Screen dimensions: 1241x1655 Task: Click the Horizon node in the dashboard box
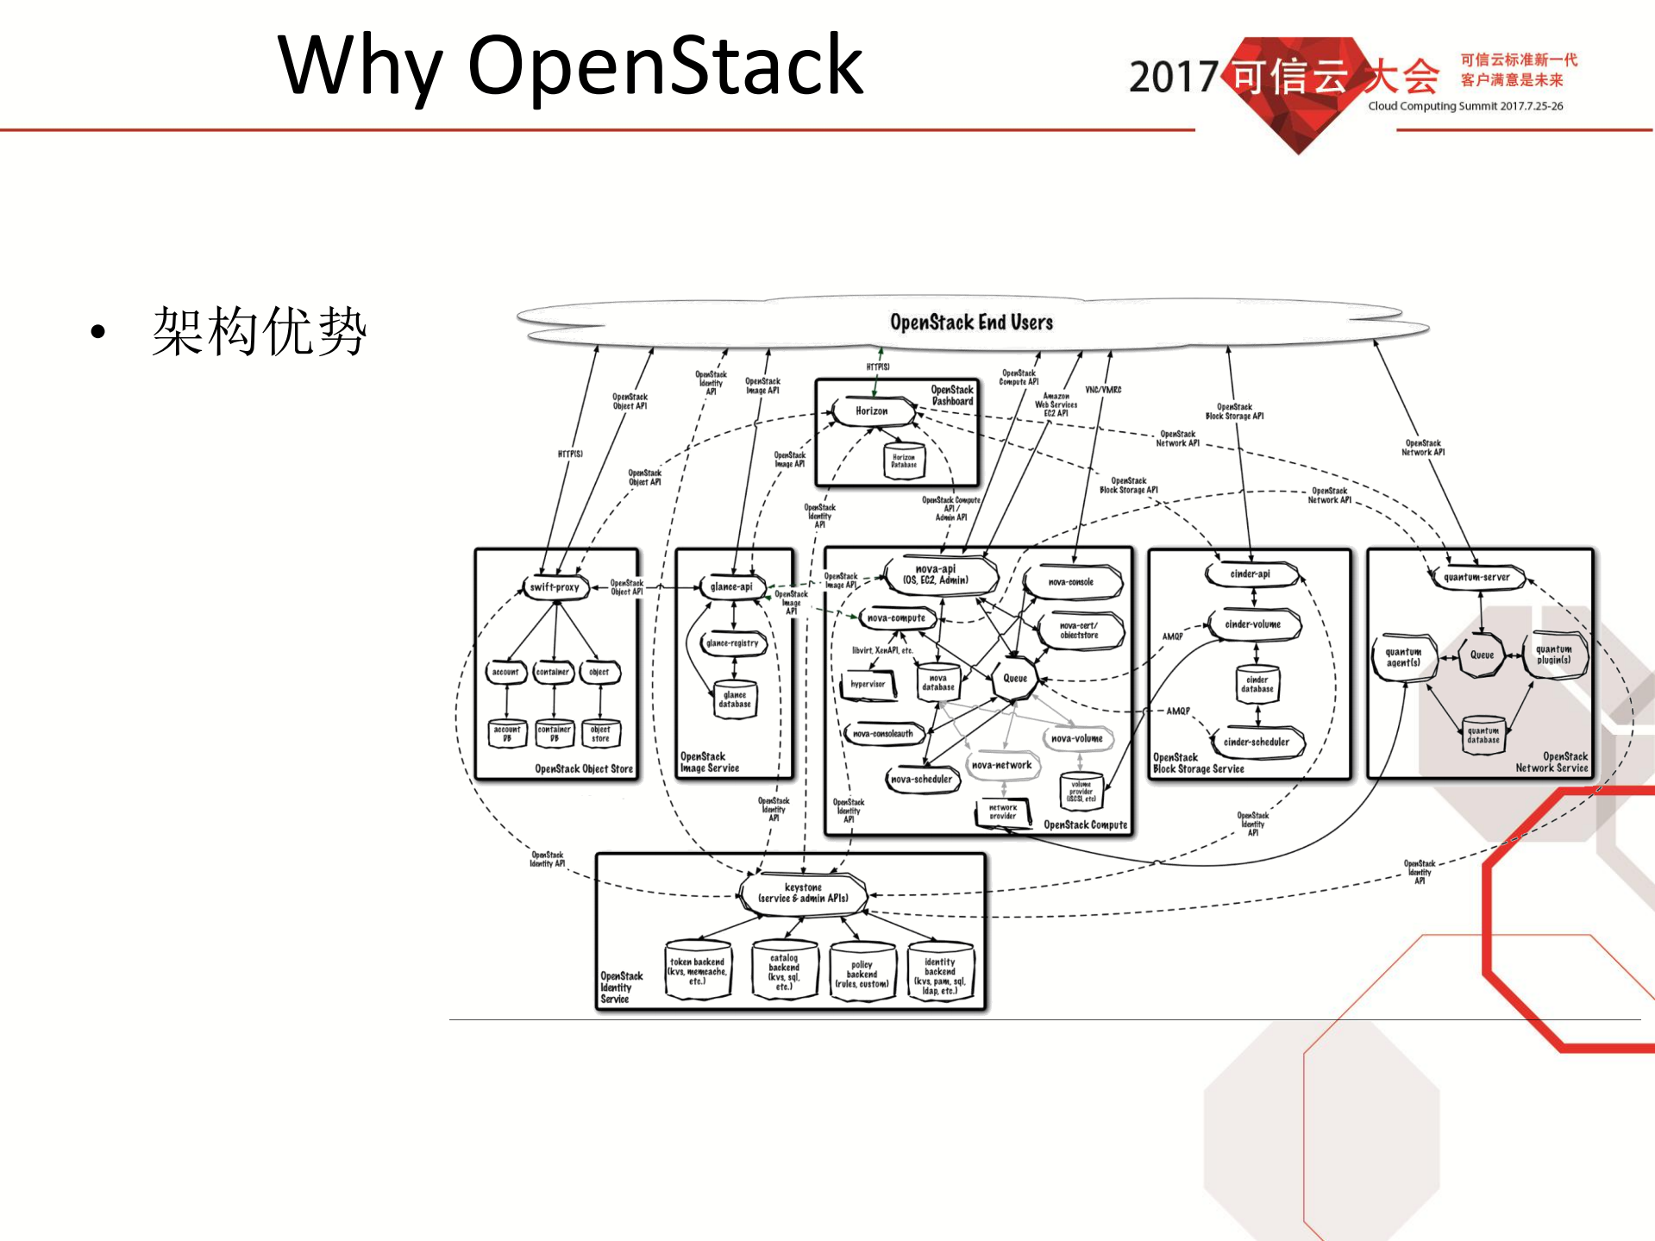click(x=872, y=411)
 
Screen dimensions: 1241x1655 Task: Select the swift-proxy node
click(x=555, y=587)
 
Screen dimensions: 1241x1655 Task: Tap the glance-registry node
click(x=732, y=643)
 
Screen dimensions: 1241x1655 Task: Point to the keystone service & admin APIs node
click(x=803, y=893)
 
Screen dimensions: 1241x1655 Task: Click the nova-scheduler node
click(x=921, y=779)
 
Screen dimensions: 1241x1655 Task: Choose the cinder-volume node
click(x=1253, y=624)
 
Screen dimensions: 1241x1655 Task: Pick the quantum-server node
click(x=1476, y=577)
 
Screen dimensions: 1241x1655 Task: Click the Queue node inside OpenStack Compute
click(x=1015, y=679)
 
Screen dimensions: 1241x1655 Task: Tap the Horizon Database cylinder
click(x=904, y=461)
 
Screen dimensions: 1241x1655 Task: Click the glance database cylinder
click(x=735, y=699)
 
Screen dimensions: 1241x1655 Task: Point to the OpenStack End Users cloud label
click(x=971, y=323)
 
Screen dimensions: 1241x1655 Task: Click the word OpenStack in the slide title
click(x=664, y=66)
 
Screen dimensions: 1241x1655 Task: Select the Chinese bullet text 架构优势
click(x=259, y=331)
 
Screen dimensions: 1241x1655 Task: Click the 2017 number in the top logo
click(x=1173, y=78)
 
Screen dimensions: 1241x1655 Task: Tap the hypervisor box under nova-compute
click(x=868, y=685)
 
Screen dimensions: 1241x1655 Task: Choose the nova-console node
click(x=1071, y=582)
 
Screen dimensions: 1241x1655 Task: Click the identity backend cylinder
click(x=940, y=972)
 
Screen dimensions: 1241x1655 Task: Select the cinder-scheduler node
click(x=1257, y=742)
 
